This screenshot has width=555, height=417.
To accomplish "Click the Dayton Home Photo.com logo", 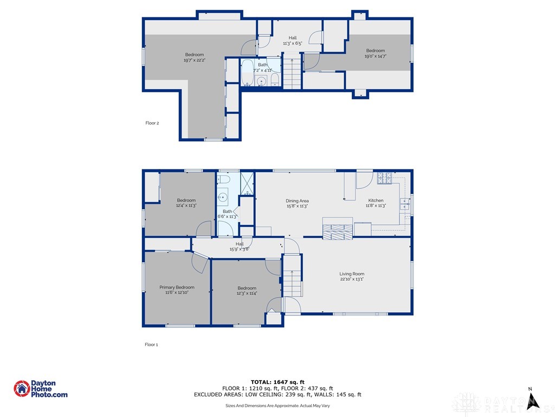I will click(x=41, y=389).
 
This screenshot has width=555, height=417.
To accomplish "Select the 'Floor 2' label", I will click(x=152, y=123).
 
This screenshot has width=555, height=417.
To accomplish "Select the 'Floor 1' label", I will click(x=151, y=344).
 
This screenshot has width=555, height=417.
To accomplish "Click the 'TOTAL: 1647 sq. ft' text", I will click(x=277, y=382).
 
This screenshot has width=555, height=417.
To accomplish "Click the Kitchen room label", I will click(x=376, y=200).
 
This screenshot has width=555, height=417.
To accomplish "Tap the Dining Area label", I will click(x=297, y=201).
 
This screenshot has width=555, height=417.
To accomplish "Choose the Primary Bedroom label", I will click(x=177, y=287).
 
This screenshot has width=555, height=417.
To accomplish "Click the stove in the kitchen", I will click(x=384, y=177).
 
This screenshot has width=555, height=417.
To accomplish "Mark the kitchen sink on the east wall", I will click(x=404, y=204).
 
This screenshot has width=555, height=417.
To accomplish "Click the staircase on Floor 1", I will click(x=292, y=283).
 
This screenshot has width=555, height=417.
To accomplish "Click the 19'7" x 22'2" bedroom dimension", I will click(x=194, y=60).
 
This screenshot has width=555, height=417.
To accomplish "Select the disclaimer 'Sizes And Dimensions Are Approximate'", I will click(x=277, y=406).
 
